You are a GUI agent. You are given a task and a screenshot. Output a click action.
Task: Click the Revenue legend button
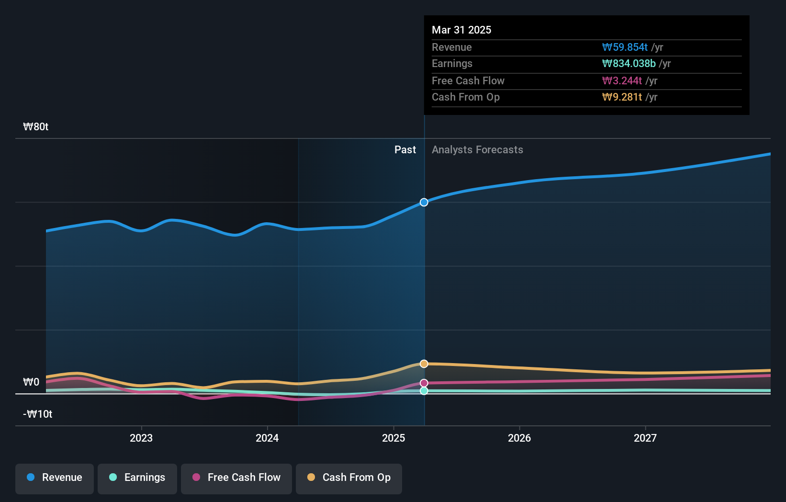(x=55, y=478)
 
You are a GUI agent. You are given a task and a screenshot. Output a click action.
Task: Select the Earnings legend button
(x=137, y=478)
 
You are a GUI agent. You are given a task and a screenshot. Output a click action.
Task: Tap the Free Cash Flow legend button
(x=236, y=478)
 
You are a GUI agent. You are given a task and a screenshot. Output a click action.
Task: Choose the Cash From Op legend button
(x=349, y=478)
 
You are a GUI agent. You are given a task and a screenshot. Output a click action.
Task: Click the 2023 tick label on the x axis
(x=141, y=438)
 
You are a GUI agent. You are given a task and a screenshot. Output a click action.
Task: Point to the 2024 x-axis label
(x=267, y=438)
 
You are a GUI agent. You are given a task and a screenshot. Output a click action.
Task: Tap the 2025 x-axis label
(x=393, y=438)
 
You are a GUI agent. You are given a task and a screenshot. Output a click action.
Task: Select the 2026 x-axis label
(x=519, y=438)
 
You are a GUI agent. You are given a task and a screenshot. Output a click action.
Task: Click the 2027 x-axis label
(x=645, y=438)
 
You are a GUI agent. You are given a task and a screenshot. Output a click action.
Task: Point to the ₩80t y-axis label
(x=36, y=127)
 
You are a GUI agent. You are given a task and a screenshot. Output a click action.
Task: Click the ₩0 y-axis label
(x=31, y=382)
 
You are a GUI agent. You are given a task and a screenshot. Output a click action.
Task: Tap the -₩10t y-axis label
(x=38, y=414)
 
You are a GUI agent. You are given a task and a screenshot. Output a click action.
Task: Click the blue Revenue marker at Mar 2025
(x=424, y=202)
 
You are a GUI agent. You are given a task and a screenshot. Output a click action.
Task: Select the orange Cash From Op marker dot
(x=424, y=364)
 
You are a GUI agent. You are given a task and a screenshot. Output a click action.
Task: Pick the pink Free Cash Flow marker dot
(x=424, y=383)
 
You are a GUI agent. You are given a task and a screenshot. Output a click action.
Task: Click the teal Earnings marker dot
(x=424, y=391)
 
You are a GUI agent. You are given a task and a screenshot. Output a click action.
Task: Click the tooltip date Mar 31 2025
(x=461, y=30)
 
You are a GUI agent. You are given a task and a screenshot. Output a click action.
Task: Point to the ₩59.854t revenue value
(x=625, y=47)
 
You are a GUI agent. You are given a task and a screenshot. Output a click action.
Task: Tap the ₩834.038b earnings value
(x=629, y=64)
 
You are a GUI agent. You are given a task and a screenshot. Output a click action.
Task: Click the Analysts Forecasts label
(x=477, y=150)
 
